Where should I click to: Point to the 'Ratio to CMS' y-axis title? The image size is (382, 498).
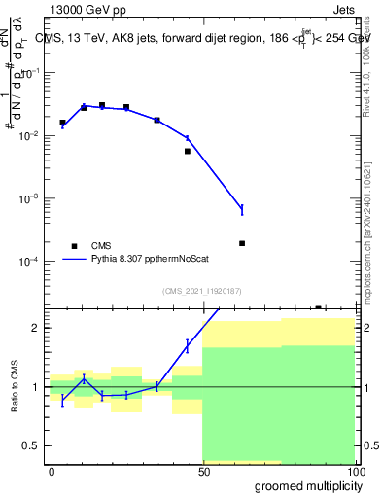pyautogui.click(x=15, y=387)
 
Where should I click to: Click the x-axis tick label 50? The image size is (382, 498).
pyautogui.click(x=203, y=471)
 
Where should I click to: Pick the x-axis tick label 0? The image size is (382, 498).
pyautogui.click(x=52, y=471)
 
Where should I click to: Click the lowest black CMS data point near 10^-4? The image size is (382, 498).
pyautogui.click(x=242, y=243)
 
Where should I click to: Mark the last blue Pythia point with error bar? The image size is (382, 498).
pyautogui.click(x=242, y=209)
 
